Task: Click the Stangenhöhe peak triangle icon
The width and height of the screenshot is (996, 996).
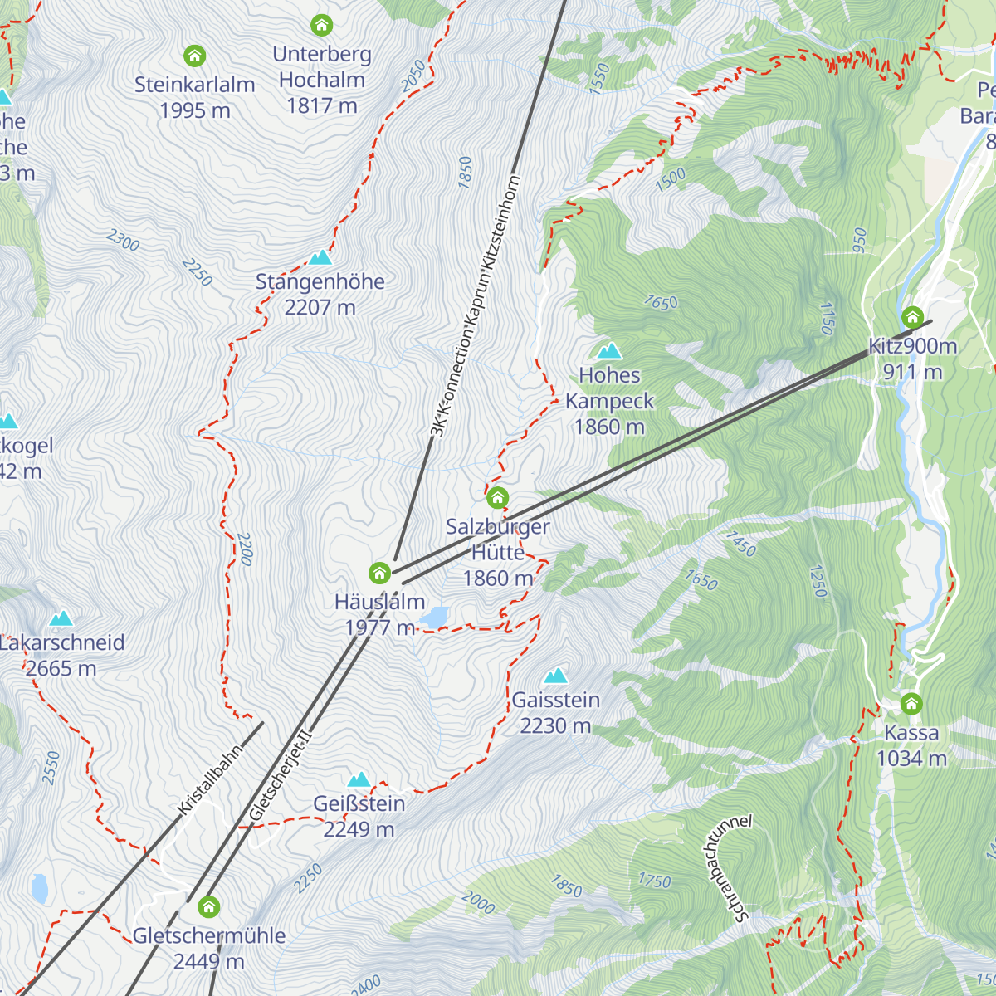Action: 320,258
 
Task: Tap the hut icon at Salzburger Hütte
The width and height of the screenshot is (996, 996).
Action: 497,498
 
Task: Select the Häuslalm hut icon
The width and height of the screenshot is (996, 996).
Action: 379,573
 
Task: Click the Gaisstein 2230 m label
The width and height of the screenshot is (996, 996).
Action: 555,712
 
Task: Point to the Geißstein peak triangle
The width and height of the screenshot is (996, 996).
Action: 359,779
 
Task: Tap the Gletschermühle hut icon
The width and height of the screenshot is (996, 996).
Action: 209,906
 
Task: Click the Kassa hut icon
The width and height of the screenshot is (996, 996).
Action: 911,704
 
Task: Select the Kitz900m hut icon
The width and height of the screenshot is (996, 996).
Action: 912,317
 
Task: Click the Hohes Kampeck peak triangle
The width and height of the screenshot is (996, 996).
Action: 609,351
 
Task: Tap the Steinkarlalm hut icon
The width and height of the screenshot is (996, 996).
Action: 194,56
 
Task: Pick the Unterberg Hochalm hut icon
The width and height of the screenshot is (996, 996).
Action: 321,25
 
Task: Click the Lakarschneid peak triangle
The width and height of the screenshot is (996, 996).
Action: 61,618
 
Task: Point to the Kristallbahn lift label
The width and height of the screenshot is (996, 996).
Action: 209,779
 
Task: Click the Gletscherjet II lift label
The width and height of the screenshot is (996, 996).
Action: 280,776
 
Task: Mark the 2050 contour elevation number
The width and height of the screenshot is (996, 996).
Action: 413,76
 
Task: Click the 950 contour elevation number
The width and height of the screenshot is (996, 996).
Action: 859,241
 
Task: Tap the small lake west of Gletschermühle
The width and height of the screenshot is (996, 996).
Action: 39,888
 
